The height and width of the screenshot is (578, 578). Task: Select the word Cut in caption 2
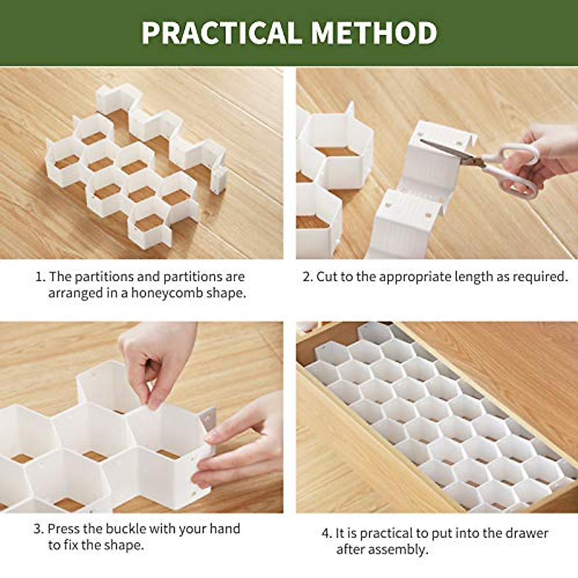point(326,277)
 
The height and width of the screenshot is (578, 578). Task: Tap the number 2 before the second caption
point(307,277)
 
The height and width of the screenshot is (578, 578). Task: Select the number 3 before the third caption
point(38,529)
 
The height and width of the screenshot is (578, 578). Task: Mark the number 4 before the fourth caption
point(326,533)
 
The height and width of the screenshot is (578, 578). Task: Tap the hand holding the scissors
point(549,154)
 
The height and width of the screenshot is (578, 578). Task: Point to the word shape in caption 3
point(123,545)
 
